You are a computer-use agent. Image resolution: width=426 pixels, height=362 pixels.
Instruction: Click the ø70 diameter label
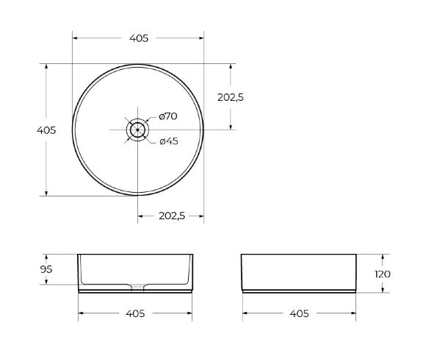[x=168, y=116]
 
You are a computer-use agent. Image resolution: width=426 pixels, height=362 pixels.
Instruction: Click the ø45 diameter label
[x=169, y=141]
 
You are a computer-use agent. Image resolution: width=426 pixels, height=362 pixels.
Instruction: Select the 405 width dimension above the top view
[x=139, y=38]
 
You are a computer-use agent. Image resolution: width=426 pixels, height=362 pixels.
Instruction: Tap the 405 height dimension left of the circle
[x=46, y=130]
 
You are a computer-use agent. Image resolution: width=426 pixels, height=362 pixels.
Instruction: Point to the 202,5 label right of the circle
[x=231, y=97]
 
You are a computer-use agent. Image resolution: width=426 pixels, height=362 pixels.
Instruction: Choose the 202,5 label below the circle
[x=172, y=216]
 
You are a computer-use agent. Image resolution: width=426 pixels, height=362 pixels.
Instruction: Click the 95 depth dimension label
[x=46, y=269]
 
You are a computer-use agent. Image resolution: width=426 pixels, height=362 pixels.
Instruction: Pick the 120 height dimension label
[x=383, y=274]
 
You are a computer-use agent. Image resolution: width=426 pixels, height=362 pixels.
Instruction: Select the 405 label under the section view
[x=135, y=313]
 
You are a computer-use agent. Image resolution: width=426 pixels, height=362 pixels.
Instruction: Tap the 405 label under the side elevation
[x=299, y=313]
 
